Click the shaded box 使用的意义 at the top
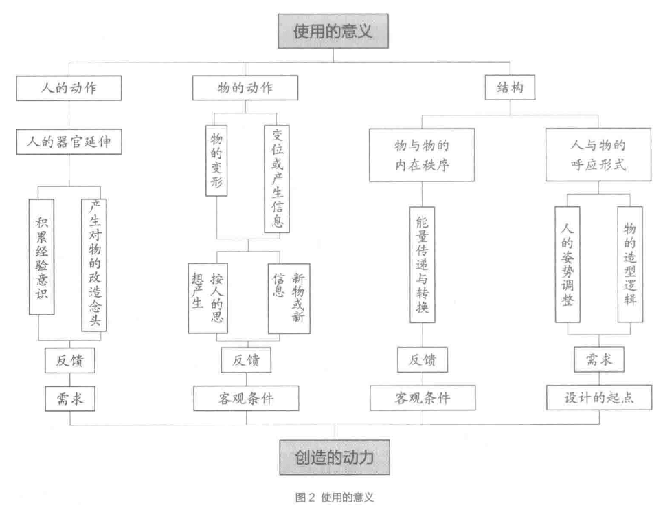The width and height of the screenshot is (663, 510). pyautogui.click(x=333, y=32)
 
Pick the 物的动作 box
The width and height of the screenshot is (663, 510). pyautogui.click(x=245, y=88)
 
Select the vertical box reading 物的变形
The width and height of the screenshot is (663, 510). pyautogui.click(x=217, y=159)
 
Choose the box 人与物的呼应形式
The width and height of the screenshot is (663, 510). pyautogui.click(x=598, y=155)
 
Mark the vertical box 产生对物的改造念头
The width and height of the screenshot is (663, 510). pyautogui.click(x=94, y=265)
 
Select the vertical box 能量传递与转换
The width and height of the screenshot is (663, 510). pyautogui.click(x=423, y=265)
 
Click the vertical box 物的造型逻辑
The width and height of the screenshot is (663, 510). pyautogui.click(x=629, y=264)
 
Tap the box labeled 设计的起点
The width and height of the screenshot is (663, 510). pyautogui.click(x=598, y=398)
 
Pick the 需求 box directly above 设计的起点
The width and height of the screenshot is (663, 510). pyautogui.click(x=598, y=359)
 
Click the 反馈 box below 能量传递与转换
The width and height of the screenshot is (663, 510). pyautogui.click(x=423, y=359)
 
